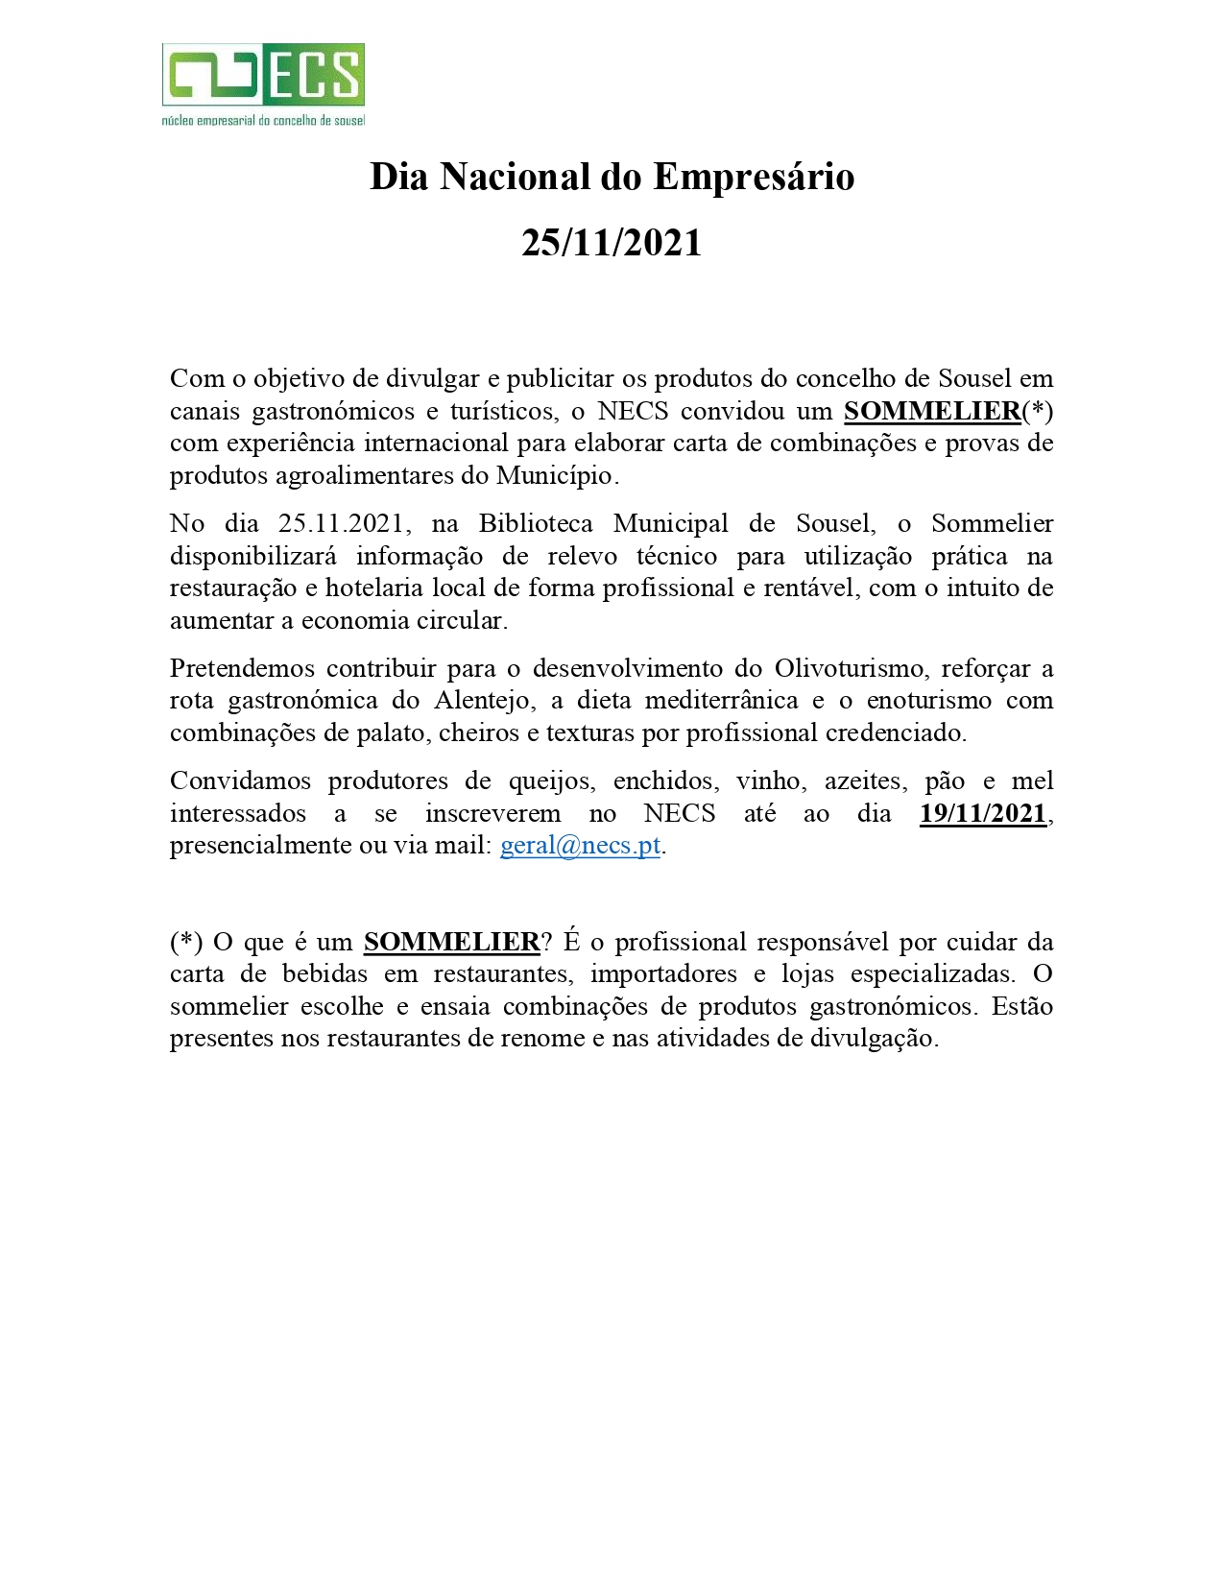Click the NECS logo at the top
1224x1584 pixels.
263,74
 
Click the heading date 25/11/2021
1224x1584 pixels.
612,243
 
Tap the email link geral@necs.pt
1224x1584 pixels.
580,846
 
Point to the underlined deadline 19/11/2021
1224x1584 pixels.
982,813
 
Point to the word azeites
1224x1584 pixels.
865,781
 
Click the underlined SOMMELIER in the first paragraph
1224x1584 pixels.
932,411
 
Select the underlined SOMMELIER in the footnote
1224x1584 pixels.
451,942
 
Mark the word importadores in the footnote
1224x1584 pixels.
663,973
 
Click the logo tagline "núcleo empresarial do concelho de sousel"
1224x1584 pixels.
263,121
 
